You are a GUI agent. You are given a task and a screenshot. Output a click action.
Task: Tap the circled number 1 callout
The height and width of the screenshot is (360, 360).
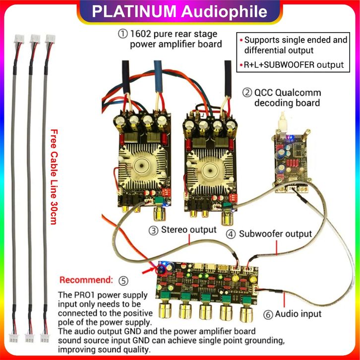tap(122, 34)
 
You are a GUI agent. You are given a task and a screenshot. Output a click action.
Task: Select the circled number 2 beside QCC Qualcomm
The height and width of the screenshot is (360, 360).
tap(246, 93)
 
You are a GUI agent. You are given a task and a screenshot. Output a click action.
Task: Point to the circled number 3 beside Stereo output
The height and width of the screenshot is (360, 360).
tap(154, 230)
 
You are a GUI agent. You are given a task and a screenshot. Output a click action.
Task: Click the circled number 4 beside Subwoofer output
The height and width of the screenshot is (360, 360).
tap(231, 234)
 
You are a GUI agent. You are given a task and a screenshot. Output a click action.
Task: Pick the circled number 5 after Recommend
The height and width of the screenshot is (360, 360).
tap(123, 280)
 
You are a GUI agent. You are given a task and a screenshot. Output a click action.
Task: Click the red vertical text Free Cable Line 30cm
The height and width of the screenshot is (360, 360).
tap(55, 177)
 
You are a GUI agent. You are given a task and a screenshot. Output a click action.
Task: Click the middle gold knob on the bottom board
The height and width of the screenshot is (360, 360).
tap(206, 312)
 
